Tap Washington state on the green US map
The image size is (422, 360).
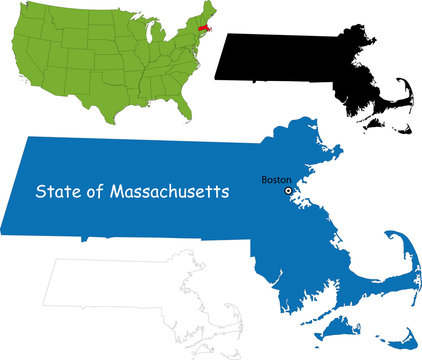click(x=30, y=11)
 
